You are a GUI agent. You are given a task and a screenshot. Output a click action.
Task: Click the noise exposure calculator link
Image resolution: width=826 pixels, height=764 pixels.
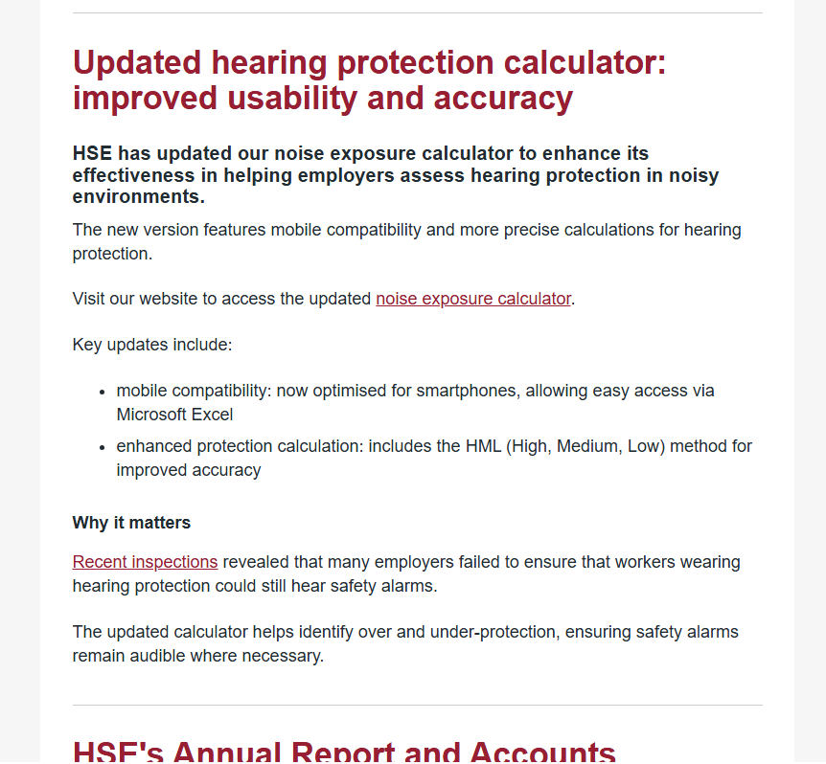click(x=473, y=299)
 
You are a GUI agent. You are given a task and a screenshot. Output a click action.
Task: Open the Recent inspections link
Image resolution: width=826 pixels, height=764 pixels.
click(x=145, y=562)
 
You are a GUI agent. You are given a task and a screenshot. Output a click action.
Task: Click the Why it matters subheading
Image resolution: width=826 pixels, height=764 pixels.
click(x=131, y=523)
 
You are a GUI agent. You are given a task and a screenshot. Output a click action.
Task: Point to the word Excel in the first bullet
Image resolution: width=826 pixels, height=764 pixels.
click(x=212, y=415)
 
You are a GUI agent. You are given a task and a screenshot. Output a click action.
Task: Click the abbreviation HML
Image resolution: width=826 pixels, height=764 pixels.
click(x=486, y=446)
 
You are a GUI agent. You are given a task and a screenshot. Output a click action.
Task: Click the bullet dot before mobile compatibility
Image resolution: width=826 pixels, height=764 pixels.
click(x=103, y=392)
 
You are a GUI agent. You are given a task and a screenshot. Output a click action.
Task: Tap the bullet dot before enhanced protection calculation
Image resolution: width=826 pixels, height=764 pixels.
click(x=103, y=447)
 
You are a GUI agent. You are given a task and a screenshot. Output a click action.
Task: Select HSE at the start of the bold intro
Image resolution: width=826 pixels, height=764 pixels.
click(x=92, y=154)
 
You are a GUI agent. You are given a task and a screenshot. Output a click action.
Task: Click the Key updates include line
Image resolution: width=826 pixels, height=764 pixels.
click(x=151, y=345)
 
